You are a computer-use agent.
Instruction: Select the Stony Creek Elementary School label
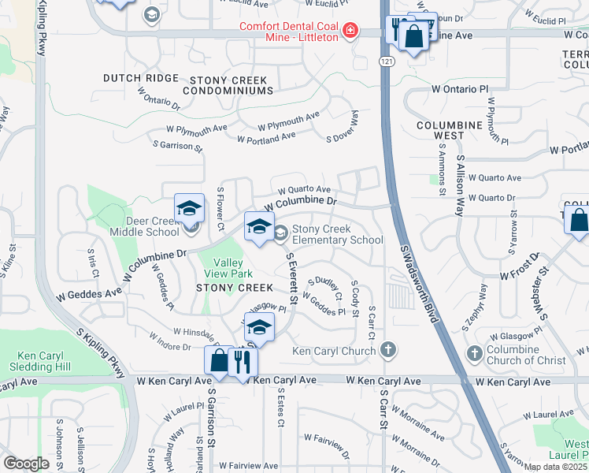[338, 235]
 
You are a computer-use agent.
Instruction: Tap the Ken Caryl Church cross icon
[387, 349]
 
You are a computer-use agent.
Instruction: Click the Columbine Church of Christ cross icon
[474, 353]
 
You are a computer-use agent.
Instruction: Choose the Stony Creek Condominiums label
[225, 86]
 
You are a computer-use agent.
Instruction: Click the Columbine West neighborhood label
[449, 130]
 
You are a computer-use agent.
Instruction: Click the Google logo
[25, 464]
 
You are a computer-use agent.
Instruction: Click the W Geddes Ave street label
[88, 291]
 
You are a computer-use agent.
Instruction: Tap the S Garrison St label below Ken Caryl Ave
[211, 423]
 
